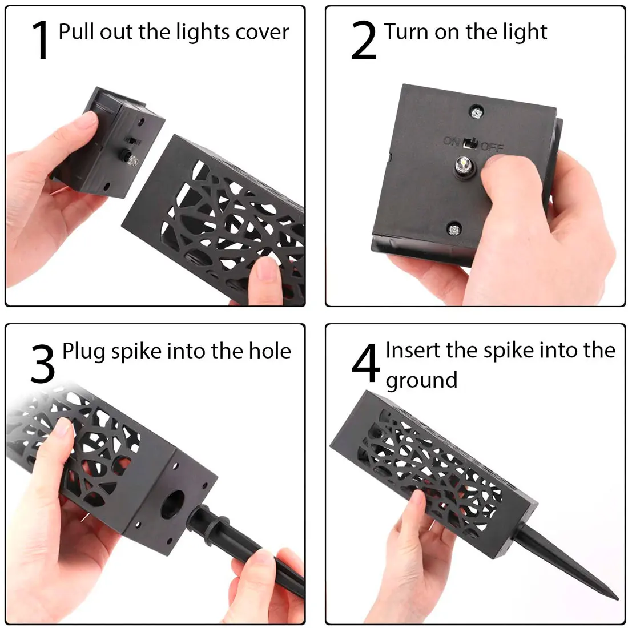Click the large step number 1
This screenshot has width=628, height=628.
point(41,40)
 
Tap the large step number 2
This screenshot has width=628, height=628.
point(364,41)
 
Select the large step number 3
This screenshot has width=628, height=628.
point(42,364)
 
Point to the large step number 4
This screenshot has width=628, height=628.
point(365,363)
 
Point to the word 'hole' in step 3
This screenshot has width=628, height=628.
point(270,351)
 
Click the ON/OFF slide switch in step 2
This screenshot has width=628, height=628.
point(470,143)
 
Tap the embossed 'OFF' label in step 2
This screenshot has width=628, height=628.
point(492,147)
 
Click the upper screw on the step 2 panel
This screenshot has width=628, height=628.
point(476,113)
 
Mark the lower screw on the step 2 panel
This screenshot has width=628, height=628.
point(454,229)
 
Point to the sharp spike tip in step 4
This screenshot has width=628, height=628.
point(618,599)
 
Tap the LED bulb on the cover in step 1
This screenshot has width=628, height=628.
point(131,159)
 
